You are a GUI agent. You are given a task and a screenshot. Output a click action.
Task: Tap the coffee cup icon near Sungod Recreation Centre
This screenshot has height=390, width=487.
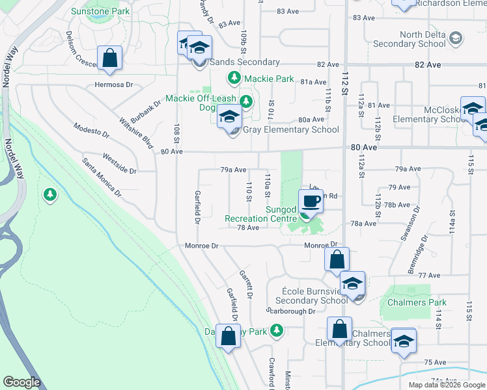pos(311,201)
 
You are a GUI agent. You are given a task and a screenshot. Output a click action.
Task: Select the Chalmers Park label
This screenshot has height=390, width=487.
pos(417,302)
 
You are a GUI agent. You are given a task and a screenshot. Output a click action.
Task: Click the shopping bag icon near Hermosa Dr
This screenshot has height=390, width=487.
pos(110,58)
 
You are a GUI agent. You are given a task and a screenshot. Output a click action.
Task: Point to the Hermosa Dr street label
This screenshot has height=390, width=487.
pos(113,84)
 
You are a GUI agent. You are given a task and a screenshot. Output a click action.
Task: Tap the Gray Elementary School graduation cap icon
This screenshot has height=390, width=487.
pos(229,117)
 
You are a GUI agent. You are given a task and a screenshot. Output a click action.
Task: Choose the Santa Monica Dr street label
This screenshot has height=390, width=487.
pos(102,176)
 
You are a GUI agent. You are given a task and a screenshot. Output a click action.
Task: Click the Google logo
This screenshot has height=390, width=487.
pos(22,382)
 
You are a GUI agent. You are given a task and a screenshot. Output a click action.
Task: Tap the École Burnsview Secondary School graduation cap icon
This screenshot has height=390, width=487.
pos(352,283)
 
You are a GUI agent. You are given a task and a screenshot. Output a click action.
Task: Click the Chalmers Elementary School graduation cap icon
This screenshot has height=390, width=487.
pos(404,340)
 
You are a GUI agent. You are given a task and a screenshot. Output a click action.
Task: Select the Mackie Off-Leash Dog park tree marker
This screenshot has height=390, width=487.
pos(246,101)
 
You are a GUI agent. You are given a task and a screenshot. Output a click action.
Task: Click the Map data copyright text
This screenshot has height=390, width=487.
pos(447,385)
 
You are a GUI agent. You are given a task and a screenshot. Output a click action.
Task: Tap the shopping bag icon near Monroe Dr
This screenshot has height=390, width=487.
pos(337,259)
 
